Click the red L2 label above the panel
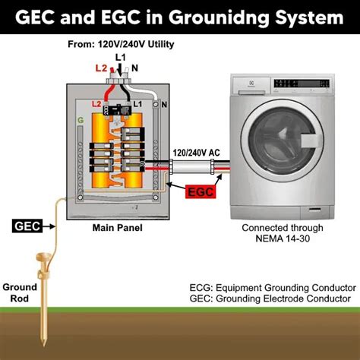point(101,68)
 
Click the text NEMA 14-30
point(283,240)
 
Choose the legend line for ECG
point(272,288)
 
